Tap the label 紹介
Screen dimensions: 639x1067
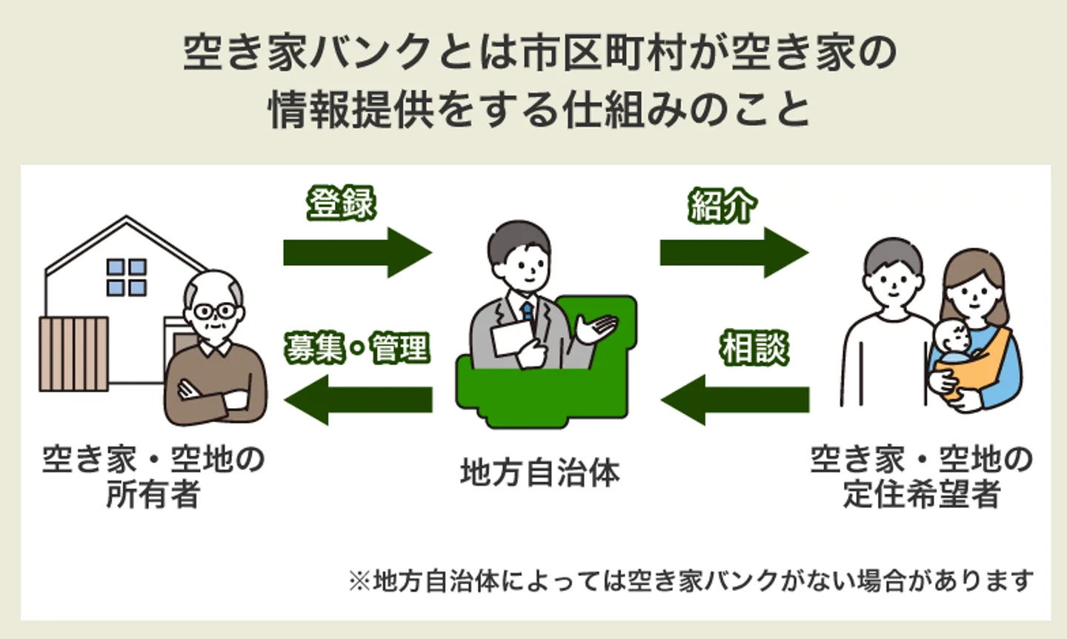(722, 206)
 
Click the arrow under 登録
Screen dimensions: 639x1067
(356, 252)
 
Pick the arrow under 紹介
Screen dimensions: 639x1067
(733, 252)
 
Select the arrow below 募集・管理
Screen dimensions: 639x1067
(358, 400)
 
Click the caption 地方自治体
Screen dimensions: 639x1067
(539, 473)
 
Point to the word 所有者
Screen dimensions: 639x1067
(153, 495)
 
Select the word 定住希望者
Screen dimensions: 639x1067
(921, 495)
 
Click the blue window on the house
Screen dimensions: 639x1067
(127, 277)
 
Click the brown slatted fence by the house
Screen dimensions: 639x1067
(73, 353)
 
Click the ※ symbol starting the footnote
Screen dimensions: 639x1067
(359, 581)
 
